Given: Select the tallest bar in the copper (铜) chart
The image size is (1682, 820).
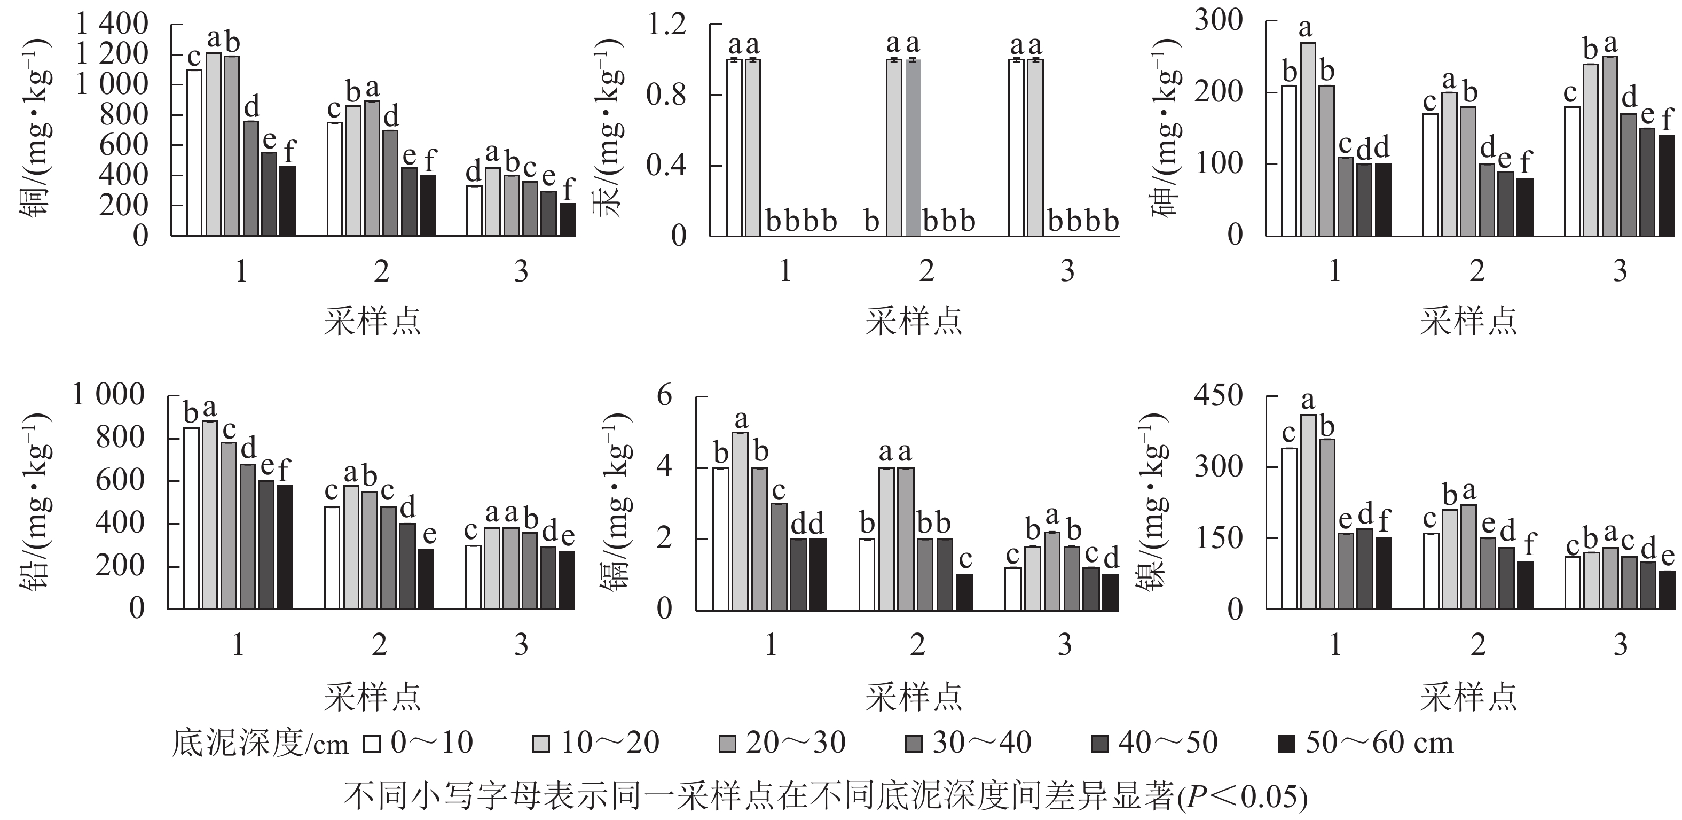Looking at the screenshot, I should click(214, 144).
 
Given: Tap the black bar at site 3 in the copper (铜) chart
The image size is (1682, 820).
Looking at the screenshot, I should click(568, 220).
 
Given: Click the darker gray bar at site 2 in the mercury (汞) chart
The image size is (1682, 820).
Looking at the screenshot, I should click(913, 147).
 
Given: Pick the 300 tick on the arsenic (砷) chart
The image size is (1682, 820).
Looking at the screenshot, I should click(1219, 20).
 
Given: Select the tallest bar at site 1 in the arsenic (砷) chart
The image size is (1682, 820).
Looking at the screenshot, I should click(1307, 138).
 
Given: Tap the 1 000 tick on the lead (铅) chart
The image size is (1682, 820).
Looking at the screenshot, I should click(108, 395).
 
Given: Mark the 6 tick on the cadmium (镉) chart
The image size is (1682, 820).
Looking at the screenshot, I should click(664, 396).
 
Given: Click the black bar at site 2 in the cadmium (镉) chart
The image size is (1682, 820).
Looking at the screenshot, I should click(964, 592).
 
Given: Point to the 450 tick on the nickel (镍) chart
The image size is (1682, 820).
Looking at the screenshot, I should click(1219, 395).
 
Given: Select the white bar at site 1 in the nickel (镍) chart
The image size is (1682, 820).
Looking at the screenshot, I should click(1290, 528).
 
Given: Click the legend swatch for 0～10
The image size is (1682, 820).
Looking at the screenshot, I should click(372, 744).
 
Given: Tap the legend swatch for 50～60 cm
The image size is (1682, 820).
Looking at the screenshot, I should click(1286, 744).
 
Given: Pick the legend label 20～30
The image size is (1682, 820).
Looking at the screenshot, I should click(795, 743).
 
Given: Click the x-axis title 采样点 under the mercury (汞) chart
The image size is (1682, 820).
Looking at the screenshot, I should click(914, 321).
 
